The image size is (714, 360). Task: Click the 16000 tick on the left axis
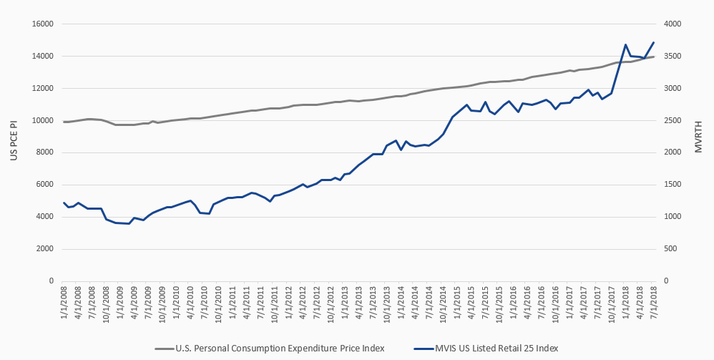[43, 24]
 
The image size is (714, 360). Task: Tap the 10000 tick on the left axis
[43, 120]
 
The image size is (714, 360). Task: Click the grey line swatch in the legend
[164, 349]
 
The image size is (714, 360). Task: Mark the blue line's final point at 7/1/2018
[654, 42]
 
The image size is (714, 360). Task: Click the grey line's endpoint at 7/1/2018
[654, 57]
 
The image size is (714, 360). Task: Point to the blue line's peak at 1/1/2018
[626, 44]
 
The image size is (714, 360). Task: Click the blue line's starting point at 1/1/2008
[64, 203]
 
